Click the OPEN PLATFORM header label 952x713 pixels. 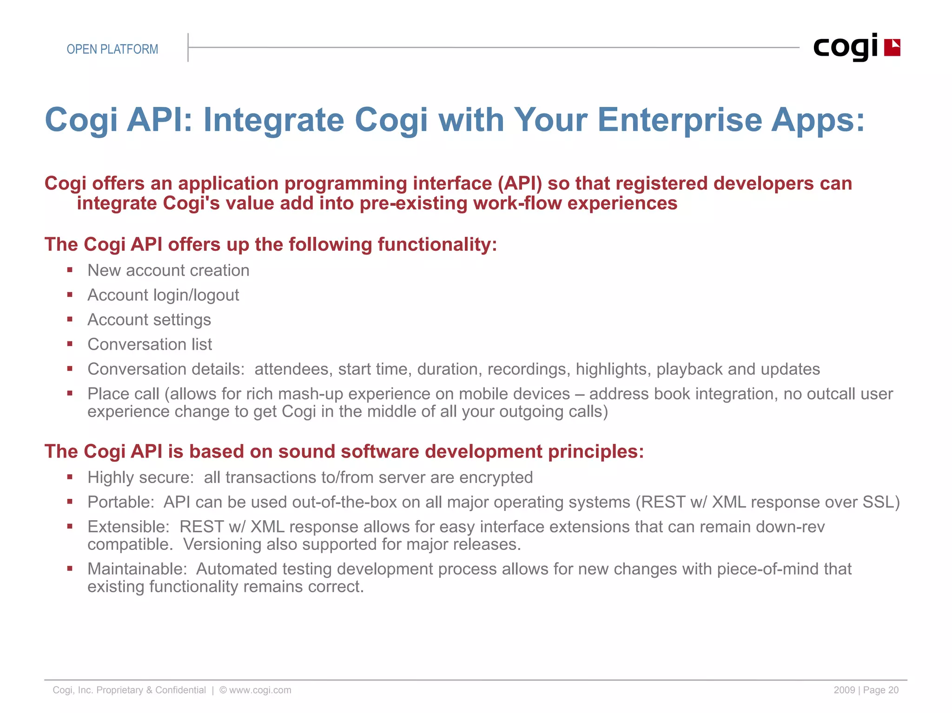coord(112,49)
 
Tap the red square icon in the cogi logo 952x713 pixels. coord(892,48)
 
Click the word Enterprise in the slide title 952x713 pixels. coord(679,120)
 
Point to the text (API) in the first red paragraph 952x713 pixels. coord(520,183)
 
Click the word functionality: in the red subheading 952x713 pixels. coord(437,245)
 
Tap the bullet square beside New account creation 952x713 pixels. coord(70,269)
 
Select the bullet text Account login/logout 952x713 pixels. coord(163,295)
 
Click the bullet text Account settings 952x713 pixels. coord(149,320)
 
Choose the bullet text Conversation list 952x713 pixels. coord(150,344)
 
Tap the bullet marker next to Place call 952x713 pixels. coord(70,393)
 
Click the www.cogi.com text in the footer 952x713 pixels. coord(260,690)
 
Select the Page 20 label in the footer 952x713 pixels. coord(880,690)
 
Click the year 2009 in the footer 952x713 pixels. coord(844,690)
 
